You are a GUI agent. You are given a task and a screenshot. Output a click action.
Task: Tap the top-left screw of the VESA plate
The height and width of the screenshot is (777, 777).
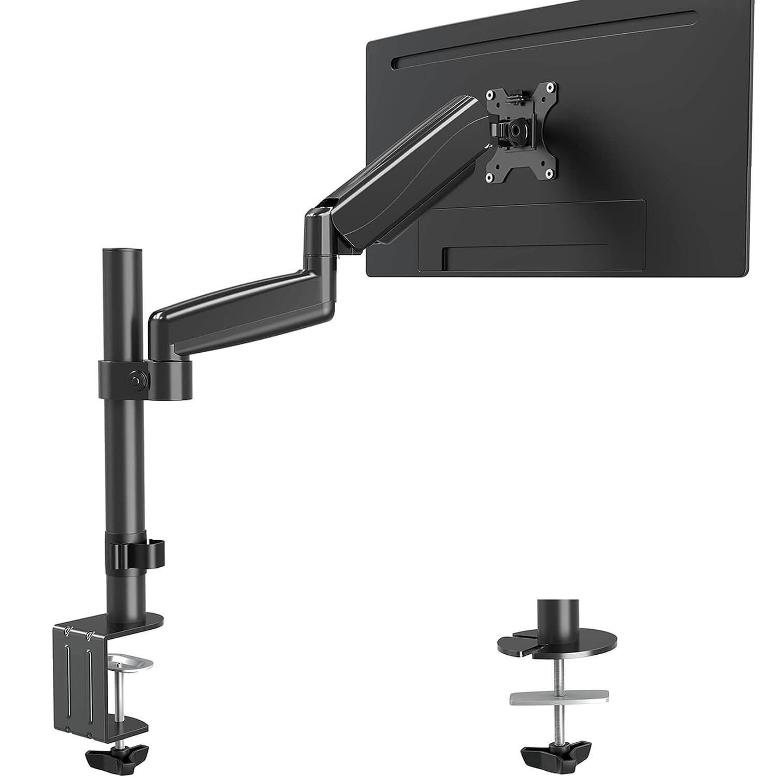click(488, 95)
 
